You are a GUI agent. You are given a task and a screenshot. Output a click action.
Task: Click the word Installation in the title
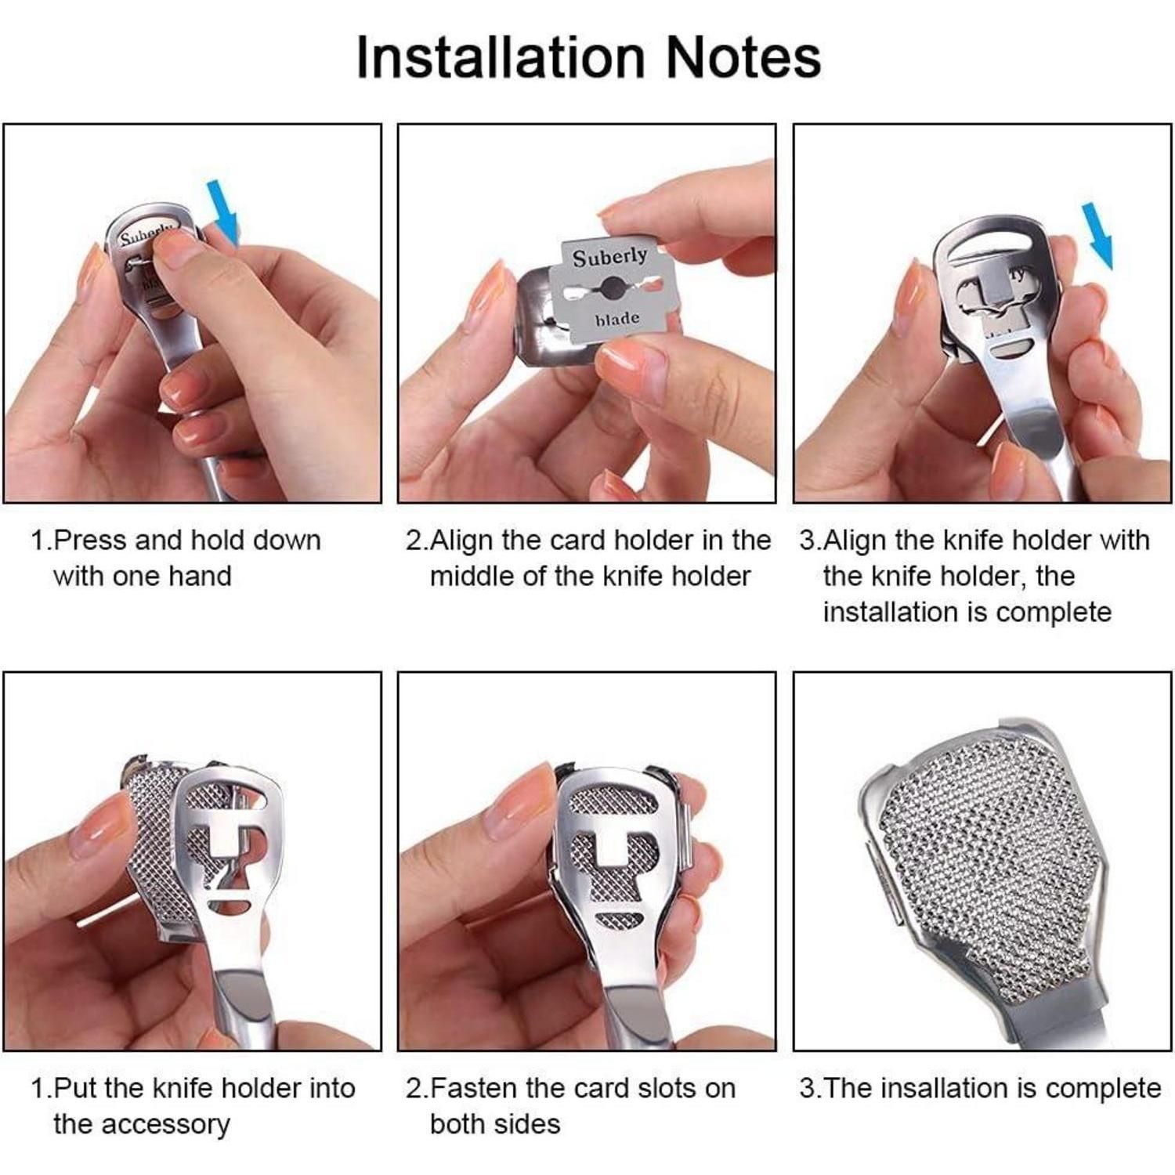(x=501, y=56)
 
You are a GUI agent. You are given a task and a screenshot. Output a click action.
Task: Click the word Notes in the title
(x=743, y=56)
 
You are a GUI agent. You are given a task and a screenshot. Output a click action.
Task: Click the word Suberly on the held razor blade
(x=609, y=257)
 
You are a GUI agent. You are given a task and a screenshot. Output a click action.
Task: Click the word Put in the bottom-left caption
(x=77, y=1088)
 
